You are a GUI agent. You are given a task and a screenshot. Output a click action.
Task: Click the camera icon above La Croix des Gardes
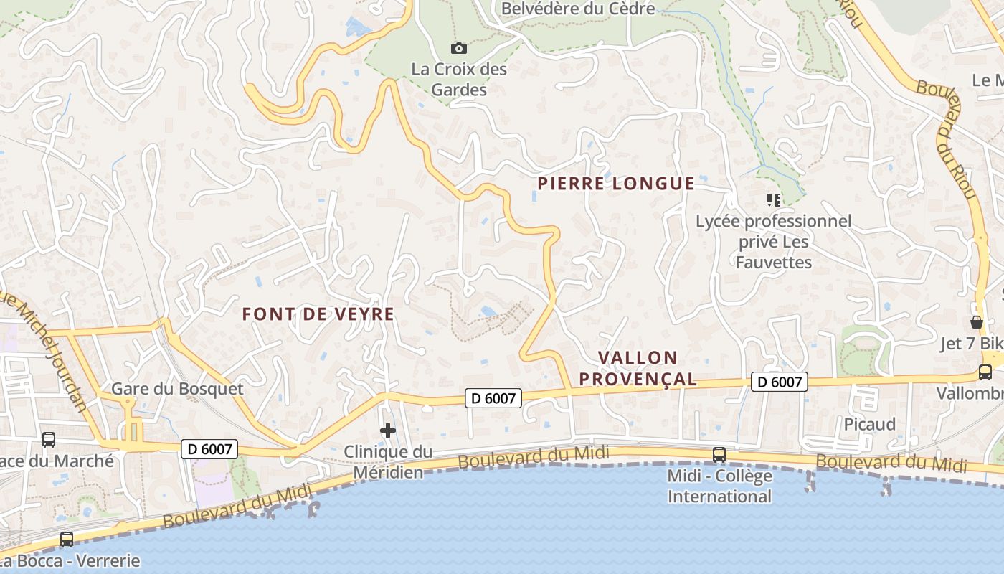(459, 49)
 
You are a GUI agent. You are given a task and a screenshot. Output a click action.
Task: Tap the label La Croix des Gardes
(459, 80)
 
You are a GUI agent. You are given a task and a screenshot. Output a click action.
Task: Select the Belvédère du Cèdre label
(577, 9)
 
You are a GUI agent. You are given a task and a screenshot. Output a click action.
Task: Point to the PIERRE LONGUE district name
(616, 184)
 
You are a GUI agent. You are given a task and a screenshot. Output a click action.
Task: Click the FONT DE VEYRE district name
(318, 314)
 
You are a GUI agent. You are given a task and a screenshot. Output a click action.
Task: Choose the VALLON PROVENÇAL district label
(638, 368)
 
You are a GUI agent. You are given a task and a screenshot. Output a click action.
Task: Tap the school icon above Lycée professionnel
(773, 200)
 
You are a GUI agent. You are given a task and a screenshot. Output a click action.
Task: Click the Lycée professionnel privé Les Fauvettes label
(774, 242)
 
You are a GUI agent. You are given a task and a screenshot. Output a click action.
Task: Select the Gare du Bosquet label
(177, 389)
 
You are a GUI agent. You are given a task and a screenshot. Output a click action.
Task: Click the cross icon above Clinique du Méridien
(388, 430)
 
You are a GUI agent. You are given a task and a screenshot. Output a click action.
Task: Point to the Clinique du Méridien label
(388, 461)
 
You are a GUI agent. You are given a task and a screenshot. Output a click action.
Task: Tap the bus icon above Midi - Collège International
(719, 454)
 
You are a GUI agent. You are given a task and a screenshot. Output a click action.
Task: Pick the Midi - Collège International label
(719, 486)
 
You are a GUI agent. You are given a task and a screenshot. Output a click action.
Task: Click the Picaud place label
(869, 424)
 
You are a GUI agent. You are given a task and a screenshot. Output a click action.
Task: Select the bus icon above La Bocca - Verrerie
(67, 539)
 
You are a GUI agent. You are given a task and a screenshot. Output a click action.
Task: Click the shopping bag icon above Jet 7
(976, 321)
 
